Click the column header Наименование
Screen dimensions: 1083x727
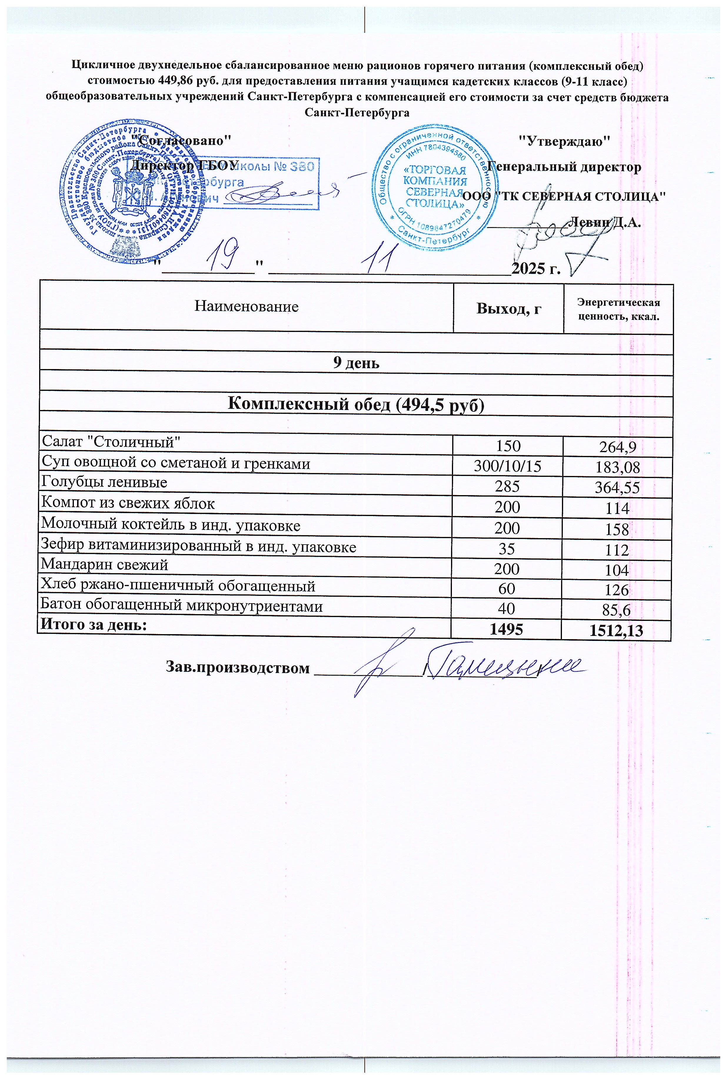246,307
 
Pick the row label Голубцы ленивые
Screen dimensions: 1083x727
104,482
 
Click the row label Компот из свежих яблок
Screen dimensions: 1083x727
128,503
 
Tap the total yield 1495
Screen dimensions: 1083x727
507,629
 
